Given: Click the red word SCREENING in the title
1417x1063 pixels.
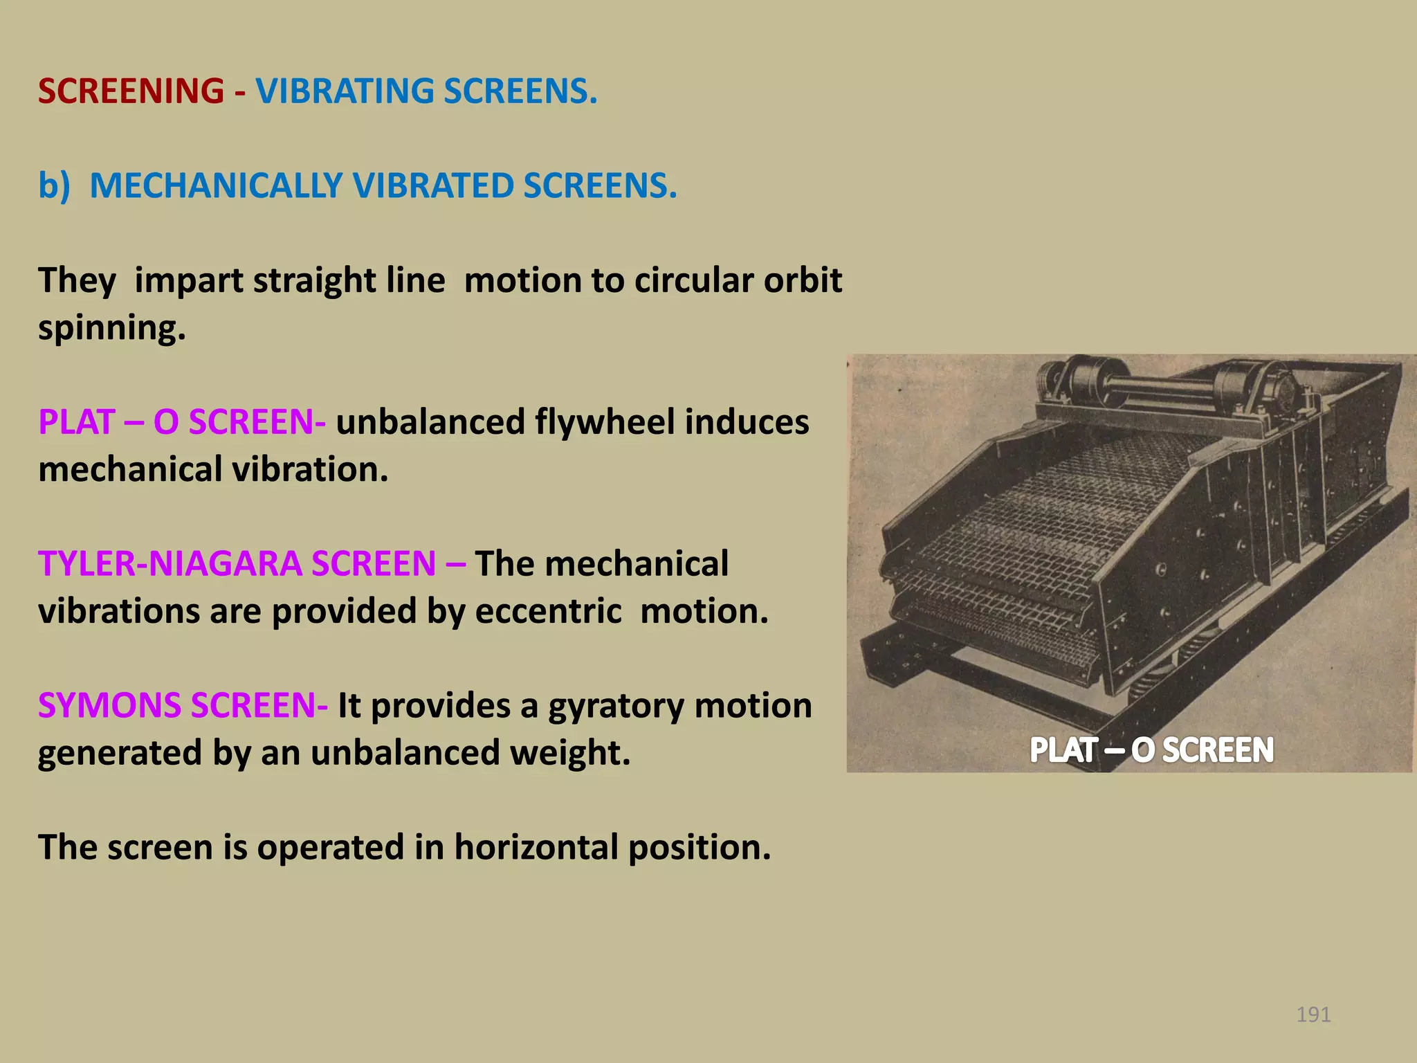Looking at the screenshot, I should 131,91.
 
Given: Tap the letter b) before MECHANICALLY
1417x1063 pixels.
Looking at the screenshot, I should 54,185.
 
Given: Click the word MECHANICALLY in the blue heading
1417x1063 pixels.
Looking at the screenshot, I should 216,185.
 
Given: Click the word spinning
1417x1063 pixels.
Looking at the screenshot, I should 111,328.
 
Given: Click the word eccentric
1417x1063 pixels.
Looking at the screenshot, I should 548,611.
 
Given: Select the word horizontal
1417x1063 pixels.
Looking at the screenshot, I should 536,848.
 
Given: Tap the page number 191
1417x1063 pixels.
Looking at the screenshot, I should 1313,1015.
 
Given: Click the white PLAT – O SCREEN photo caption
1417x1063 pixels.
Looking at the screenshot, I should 1151,750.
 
